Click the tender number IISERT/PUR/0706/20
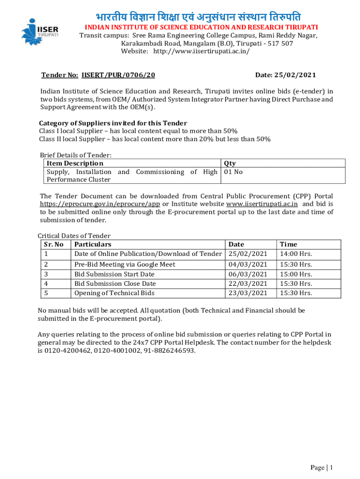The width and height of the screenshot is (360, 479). point(118,75)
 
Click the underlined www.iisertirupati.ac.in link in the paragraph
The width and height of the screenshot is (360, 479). point(262,204)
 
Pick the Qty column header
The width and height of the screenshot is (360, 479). point(230,163)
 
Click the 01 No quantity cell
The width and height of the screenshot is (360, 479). point(233,172)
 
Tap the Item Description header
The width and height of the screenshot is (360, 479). point(75,163)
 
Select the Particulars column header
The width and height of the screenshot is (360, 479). point(93,244)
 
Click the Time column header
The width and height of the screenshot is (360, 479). point(288,244)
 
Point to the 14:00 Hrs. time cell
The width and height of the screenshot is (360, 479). point(295,254)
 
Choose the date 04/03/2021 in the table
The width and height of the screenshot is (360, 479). point(248,264)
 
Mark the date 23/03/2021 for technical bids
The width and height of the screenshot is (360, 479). point(248,293)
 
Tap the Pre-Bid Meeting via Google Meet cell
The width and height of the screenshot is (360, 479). point(125,264)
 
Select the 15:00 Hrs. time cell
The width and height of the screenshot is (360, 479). point(295,274)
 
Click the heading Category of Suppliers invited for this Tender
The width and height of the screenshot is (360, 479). point(113,123)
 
